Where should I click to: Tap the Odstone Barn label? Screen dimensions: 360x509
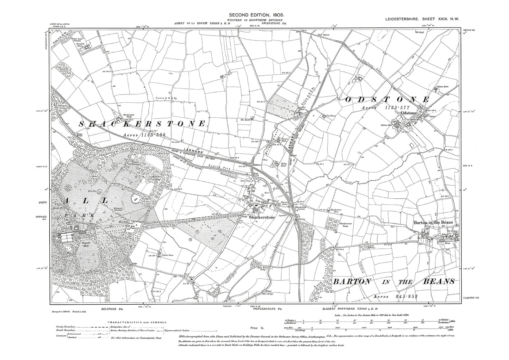coord(444,87)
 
